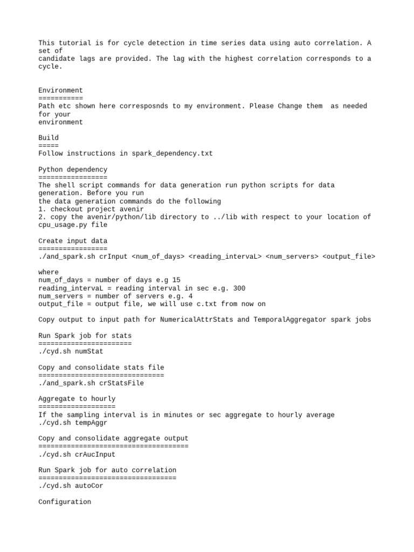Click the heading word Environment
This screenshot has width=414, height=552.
click(61, 90)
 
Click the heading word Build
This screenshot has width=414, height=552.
click(49, 137)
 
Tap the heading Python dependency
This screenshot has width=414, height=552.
click(73, 169)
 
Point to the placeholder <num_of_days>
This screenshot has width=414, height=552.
click(158, 257)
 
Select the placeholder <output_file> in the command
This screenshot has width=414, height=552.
click(349, 257)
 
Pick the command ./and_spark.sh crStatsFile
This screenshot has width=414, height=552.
click(91, 383)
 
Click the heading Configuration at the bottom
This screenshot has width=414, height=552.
click(65, 502)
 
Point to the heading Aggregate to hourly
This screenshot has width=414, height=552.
click(77, 399)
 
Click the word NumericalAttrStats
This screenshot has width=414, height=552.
click(196, 320)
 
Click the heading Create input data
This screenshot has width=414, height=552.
click(73, 241)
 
